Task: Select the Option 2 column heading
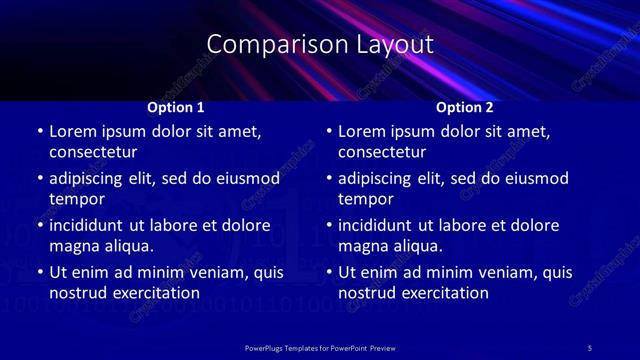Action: pos(465,107)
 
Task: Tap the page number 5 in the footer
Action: pos(589,347)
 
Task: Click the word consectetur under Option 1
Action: pos(93,153)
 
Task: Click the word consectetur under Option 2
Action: pos(382,153)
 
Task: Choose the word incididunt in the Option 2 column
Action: pos(377,225)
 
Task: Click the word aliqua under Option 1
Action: pos(124,246)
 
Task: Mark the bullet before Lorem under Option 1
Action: pos(39,132)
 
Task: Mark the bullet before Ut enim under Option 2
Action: pos(329,272)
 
